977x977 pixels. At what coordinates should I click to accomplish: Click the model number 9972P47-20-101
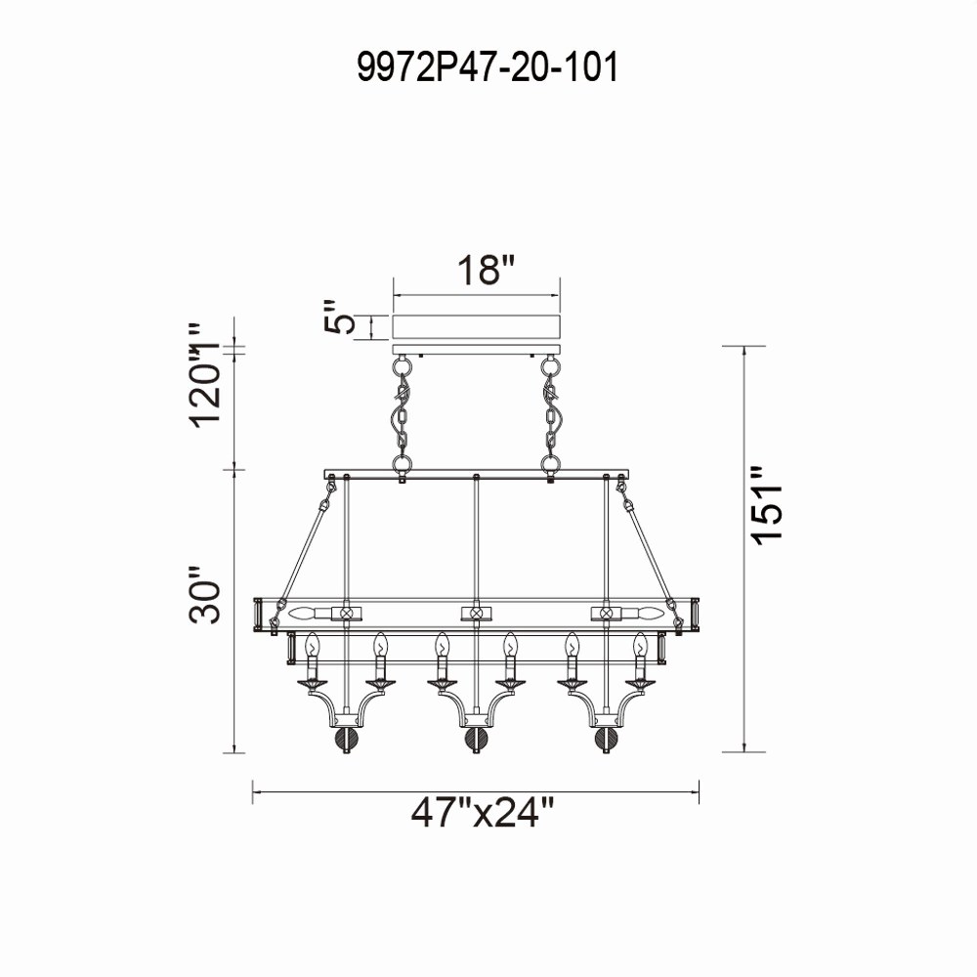[x=488, y=66]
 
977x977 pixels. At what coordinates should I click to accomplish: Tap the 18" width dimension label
[x=487, y=271]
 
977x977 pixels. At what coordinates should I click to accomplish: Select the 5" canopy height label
[x=340, y=318]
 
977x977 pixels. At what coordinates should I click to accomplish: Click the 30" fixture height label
[x=204, y=594]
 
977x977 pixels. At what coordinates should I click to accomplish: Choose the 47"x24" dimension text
[x=483, y=812]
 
